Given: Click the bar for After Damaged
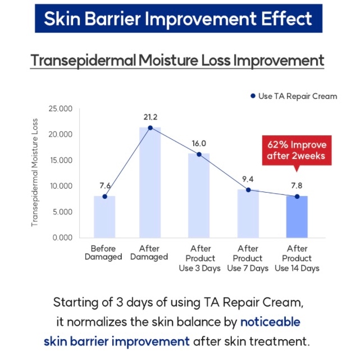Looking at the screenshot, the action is [150, 183].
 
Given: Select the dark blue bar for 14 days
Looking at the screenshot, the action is [297, 217].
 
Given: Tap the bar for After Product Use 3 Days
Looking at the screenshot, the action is [199, 195].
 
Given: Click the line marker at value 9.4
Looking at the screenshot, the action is [248, 190].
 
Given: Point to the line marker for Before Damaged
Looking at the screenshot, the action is [104, 197].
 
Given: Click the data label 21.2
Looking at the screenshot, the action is [151, 117].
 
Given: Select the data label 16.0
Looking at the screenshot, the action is [199, 144].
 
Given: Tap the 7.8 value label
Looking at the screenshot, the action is [297, 185].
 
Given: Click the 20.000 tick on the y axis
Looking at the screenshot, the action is [61, 134].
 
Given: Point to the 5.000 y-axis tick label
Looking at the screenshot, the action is [62, 212].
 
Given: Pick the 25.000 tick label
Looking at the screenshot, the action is [61, 108].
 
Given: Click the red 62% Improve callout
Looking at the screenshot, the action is [297, 151].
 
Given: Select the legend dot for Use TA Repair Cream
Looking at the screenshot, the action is [253, 96].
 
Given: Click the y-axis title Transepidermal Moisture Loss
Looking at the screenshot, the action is [34, 172].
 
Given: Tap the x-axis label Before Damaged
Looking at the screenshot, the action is [103, 253].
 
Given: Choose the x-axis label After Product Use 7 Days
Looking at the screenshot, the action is [248, 258].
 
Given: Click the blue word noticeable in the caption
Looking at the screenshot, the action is [270, 322].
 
